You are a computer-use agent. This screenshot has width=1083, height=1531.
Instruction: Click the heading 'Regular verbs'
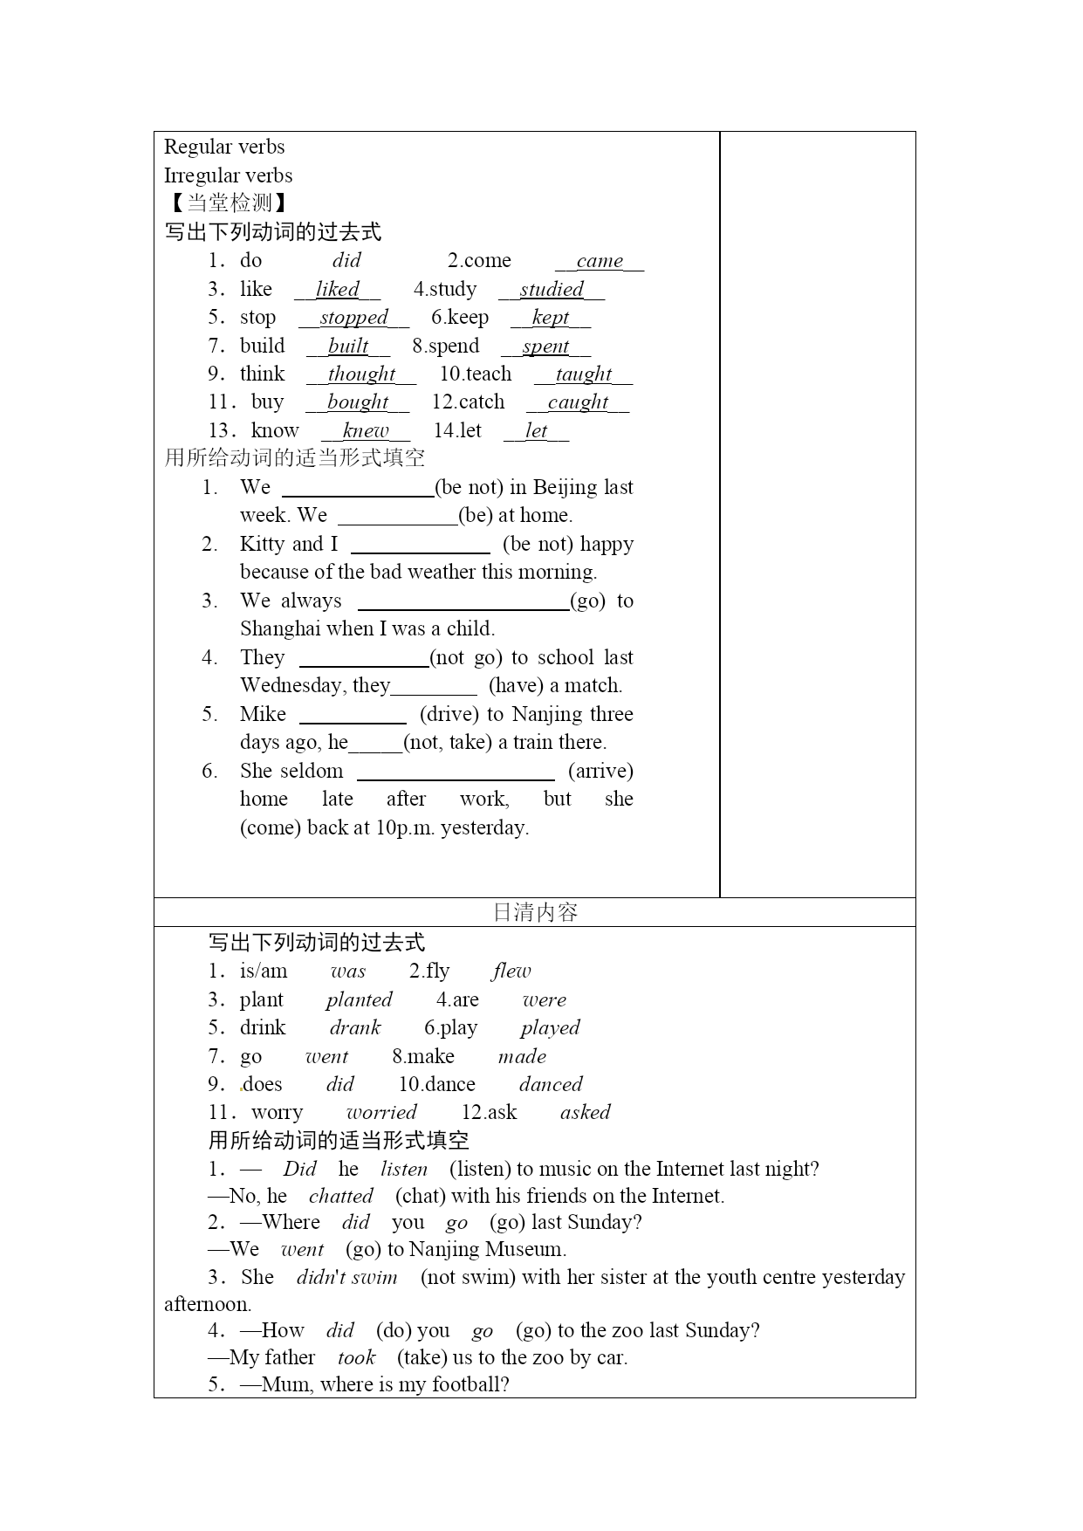pos(224,147)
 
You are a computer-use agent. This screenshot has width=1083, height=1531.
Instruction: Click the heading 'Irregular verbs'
pos(228,175)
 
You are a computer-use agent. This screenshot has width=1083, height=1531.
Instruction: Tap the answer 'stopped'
pos(353,318)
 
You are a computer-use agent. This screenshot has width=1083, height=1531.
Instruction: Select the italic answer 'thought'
pos(361,374)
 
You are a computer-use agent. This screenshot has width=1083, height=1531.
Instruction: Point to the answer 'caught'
pos(578,402)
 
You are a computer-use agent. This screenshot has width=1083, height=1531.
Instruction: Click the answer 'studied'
pos(552,290)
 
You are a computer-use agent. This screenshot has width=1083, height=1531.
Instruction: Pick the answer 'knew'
pos(366,431)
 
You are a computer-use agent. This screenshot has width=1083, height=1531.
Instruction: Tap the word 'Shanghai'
pos(280,628)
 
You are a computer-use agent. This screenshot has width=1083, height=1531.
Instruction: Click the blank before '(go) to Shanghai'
pos(463,602)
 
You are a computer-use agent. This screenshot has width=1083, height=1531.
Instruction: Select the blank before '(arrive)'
pos(456,772)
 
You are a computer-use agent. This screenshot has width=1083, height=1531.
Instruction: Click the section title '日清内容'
pos(535,912)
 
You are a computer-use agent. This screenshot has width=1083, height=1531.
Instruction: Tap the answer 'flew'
pos(511,971)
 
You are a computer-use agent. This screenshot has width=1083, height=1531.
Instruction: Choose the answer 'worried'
pos(381,1113)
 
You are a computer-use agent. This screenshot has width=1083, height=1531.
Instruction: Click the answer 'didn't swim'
pos(346,1278)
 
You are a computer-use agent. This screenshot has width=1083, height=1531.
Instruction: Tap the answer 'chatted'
pos(340,1196)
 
